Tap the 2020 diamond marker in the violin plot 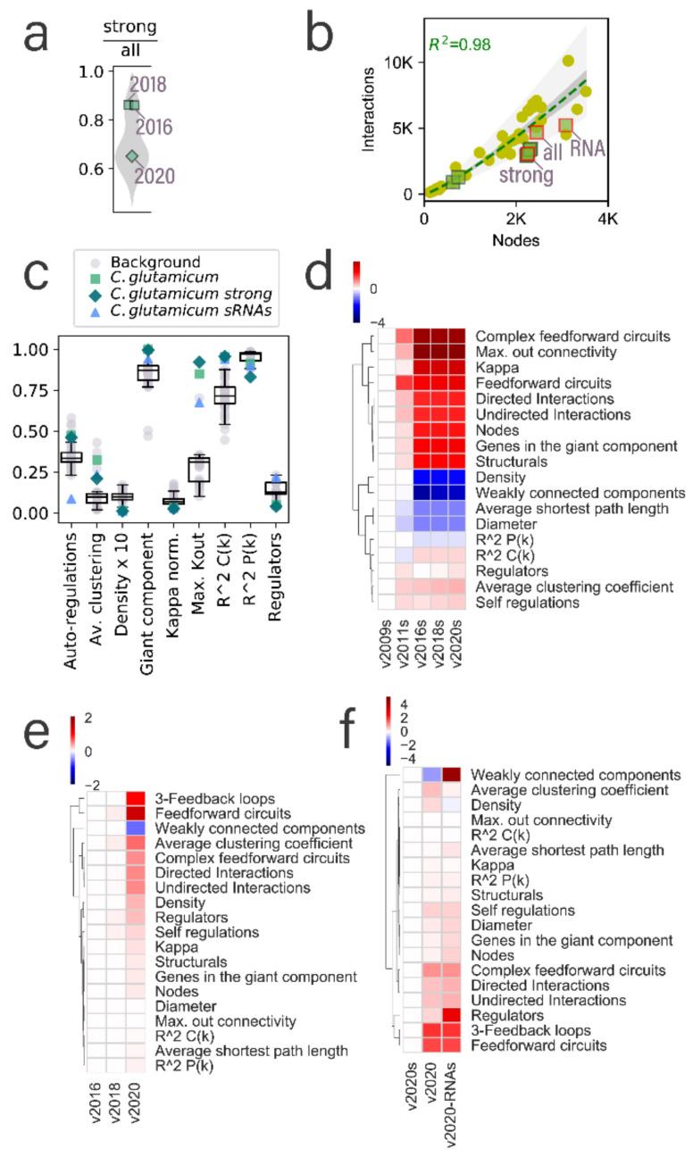click(x=132, y=156)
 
